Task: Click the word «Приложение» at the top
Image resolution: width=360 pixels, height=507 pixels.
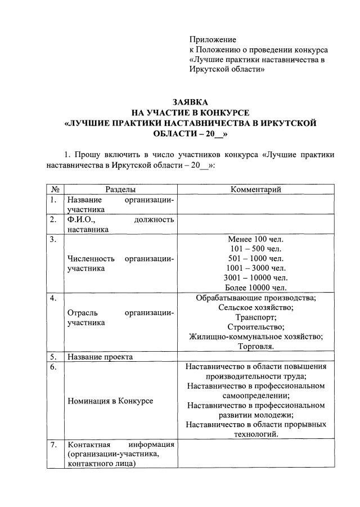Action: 213,39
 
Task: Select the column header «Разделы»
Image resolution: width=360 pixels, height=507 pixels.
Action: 120,190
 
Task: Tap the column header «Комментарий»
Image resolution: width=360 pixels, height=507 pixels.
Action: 256,190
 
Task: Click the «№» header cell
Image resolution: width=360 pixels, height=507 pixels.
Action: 55,190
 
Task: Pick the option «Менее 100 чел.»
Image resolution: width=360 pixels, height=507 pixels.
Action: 256,239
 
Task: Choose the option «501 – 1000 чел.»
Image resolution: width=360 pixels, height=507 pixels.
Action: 256,258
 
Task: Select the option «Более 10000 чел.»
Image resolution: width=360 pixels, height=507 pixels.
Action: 256,287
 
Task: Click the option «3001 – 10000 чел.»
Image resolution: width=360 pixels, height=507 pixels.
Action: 256,277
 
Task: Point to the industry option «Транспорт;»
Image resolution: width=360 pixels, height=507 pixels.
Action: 256,317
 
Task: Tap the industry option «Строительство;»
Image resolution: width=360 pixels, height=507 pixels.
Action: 256,326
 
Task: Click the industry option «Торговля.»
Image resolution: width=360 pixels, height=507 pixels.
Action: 256,346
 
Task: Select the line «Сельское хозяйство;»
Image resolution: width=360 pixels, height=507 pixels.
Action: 256,307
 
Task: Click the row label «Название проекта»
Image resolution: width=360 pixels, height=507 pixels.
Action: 100,357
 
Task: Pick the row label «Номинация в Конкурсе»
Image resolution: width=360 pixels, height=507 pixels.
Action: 110,401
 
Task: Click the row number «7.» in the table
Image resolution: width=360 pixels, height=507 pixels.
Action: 53,445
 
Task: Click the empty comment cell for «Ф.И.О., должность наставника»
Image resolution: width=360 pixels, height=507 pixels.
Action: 256,225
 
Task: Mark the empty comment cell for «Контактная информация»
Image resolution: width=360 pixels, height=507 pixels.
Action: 256,454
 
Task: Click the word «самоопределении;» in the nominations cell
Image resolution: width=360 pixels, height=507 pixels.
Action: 256,396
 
